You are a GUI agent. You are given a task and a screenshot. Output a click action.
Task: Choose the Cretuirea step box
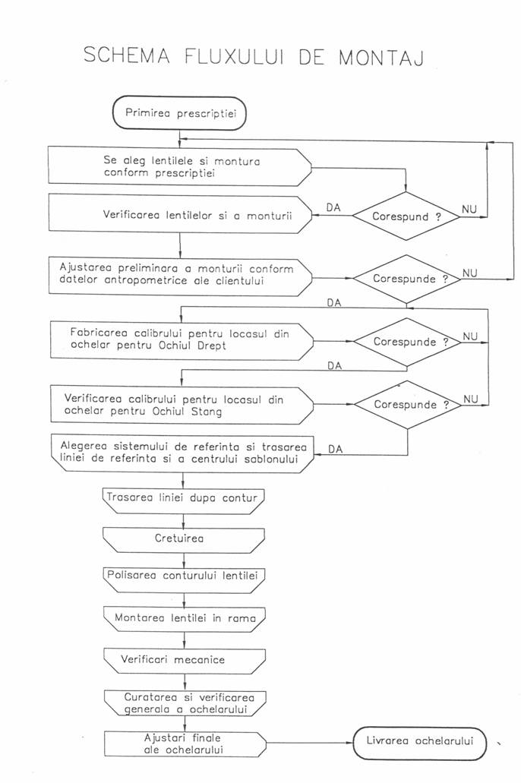(180, 539)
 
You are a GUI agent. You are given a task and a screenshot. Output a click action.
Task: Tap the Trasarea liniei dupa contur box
(180, 498)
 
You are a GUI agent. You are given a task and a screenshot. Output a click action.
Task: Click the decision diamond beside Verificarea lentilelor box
(407, 216)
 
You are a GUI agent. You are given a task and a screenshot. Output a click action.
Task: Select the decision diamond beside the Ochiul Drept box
(407, 342)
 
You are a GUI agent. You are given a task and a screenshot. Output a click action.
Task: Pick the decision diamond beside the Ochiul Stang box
(407, 405)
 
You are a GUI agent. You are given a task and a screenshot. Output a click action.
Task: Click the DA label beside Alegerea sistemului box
(335, 449)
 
